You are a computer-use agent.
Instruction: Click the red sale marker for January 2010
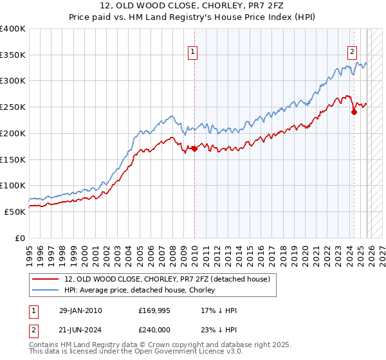click(194, 149)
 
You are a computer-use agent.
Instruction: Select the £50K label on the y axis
click(15, 212)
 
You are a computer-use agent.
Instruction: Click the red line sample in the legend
click(46, 279)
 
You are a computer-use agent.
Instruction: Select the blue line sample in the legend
click(46, 290)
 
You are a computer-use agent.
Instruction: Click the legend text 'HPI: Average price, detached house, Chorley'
click(140, 290)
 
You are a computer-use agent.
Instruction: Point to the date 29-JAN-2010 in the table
click(80, 310)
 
